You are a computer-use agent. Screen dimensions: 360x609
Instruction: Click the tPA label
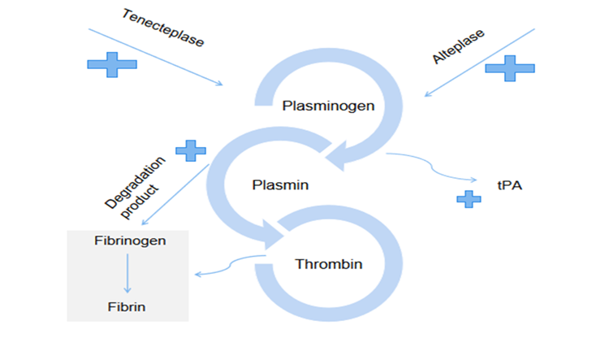pyautogui.click(x=508, y=185)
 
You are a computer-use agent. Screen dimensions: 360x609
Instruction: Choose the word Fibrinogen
pyautogui.click(x=127, y=241)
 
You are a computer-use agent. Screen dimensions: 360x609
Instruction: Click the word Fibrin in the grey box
pyautogui.click(x=127, y=306)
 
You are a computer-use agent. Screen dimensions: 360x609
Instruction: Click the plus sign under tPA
pyautogui.click(x=469, y=198)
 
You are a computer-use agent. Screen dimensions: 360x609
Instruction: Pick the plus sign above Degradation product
pyautogui.click(x=191, y=150)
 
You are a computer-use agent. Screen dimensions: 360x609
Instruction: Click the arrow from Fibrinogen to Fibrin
pyautogui.click(x=127, y=274)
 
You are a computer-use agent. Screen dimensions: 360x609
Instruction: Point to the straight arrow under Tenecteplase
pyautogui.click(x=154, y=56)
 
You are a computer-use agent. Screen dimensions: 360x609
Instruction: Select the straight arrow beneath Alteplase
pyautogui.click(x=479, y=63)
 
